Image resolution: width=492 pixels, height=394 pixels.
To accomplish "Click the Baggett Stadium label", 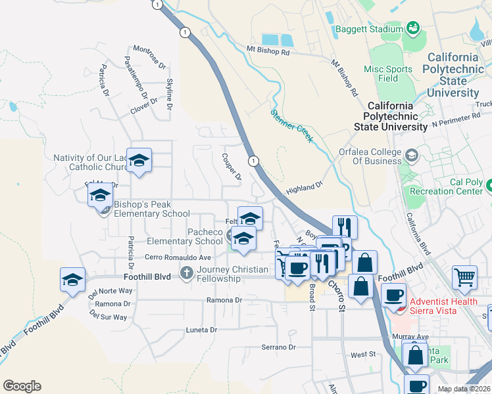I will click(368, 29).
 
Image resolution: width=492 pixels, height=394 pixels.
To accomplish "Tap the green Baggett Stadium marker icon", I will click(412, 28).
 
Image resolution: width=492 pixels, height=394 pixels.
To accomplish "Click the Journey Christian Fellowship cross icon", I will click(187, 273).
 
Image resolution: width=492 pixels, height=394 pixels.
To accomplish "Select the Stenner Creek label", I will click(292, 125).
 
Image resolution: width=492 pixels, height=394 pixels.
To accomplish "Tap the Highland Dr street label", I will click(305, 188).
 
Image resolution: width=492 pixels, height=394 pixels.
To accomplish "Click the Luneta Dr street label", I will click(201, 330).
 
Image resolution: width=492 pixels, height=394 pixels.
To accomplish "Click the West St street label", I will click(362, 354).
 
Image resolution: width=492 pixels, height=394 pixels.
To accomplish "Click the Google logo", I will click(22, 386).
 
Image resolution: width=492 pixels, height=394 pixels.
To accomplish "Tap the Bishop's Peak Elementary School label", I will click(152, 209).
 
